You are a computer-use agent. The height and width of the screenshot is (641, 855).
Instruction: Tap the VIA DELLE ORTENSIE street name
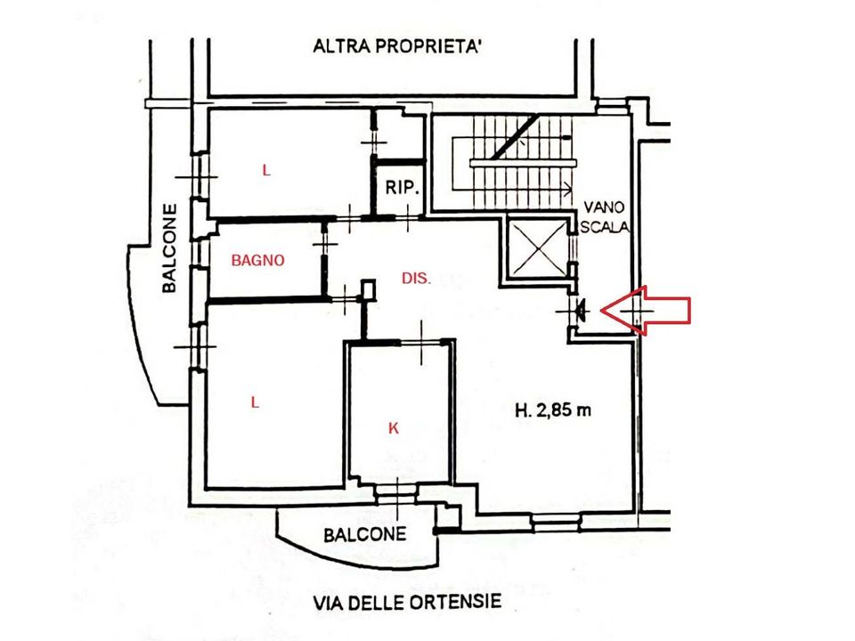point(407,603)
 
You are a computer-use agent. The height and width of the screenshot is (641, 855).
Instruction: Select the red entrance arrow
point(645,310)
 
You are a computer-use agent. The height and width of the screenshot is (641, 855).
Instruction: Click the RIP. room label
point(402,188)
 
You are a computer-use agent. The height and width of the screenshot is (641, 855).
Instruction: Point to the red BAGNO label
point(258,261)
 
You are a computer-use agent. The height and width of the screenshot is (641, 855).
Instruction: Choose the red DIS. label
point(416,279)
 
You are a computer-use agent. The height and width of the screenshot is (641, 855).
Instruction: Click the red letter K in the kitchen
point(393,428)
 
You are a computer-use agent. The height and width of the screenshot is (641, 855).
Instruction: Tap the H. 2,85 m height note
point(553,410)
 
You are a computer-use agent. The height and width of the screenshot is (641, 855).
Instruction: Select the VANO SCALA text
point(605,216)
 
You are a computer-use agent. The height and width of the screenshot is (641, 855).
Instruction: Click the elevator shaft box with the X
point(538,247)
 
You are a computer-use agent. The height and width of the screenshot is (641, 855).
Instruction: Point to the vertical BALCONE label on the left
point(170,248)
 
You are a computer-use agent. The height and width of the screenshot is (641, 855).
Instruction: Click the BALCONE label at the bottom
point(365,534)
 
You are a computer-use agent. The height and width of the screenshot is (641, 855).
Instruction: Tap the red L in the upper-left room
point(266,171)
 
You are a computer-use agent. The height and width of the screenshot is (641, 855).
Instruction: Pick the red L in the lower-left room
point(255,402)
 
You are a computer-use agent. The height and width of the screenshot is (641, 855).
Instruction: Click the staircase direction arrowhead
point(567,189)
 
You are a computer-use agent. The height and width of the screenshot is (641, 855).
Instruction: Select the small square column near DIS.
point(369,289)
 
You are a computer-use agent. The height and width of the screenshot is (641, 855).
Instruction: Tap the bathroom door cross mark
point(325,243)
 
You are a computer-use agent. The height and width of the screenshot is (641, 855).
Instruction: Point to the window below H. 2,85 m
point(555,523)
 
